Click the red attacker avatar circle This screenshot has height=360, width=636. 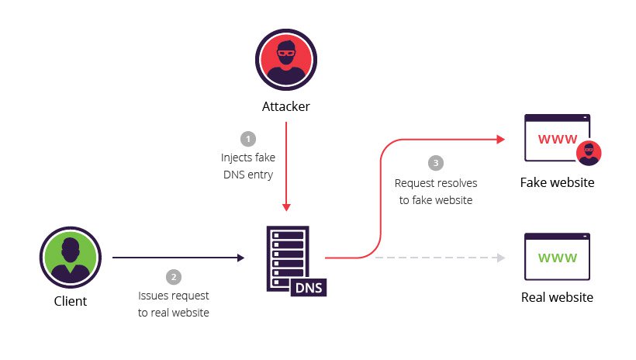[285, 61]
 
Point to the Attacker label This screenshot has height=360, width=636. [285, 106]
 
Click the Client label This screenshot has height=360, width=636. [71, 301]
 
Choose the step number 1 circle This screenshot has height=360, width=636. [248, 139]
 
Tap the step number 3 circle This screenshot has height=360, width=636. [435, 164]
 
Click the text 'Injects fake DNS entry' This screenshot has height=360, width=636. [247, 166]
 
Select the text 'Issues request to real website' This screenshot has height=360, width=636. [174, 304]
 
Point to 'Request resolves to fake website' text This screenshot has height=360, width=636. [435, 191]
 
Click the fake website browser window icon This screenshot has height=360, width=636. [556, 140]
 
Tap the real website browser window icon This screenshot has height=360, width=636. [557, 256]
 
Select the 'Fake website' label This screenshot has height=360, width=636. [557, 183]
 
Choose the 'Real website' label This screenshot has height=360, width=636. [557, 297]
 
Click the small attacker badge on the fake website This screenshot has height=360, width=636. [590, 154]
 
